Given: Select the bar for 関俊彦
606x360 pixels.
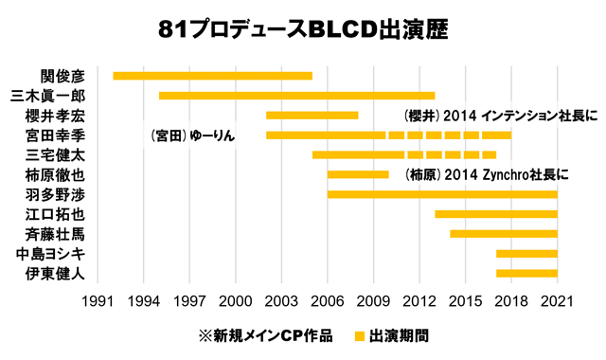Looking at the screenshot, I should pyautogui.click(x=212, y=76).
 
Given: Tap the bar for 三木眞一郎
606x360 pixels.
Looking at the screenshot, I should pyautogui.click(x=296, y=96).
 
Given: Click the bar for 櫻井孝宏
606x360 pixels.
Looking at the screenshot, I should pyautogui.click(x=312, y=116).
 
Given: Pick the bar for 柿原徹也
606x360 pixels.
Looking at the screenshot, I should pyautogui.click(x=358, y=174).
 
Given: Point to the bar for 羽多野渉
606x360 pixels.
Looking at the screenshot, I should pyautogui.click(x=442, y=194).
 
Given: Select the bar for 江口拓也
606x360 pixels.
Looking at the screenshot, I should pyautogui.click(x=496, y=214).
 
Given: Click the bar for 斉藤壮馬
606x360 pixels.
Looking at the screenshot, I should pyautogui.click(x=504, y=234).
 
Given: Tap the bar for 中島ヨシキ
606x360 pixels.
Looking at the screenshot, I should pyautogui.click(x=526, y=254).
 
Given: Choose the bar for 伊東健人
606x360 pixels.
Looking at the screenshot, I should pyautogui.click(x=526, y=274).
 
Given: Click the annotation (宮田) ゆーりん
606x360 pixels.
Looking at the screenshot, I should pyautogui.click(x=192, y=136).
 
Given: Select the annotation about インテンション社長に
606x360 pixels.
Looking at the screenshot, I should pyautogui.click(x=486, y=117).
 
